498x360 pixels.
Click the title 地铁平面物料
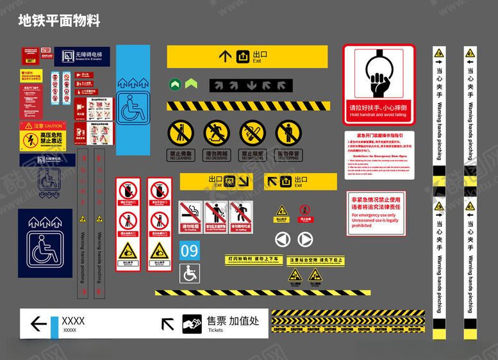(x=59, y=21)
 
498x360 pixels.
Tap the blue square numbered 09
(x=189, y=250)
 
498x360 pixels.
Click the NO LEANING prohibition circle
(x=180, y=133)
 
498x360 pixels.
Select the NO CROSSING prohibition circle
(x=216, y=133)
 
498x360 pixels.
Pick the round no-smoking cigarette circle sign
(x=252, y=133)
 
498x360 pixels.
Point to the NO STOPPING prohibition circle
(x=288, y=133)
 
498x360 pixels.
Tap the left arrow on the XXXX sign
(x=38, y=323)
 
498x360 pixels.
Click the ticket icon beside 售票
(x=192, y=323)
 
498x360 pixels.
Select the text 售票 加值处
(x=233, y=320)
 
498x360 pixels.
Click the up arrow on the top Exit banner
(x=225, y=56)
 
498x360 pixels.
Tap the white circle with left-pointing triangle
(x=283, y=240)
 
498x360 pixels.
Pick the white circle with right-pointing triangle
(x=305, y=240)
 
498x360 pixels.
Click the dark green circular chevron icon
(x=175, y=84)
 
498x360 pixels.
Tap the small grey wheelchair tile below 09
(x=189, y=274)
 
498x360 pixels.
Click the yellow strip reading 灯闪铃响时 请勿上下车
(x=254, y=259)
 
